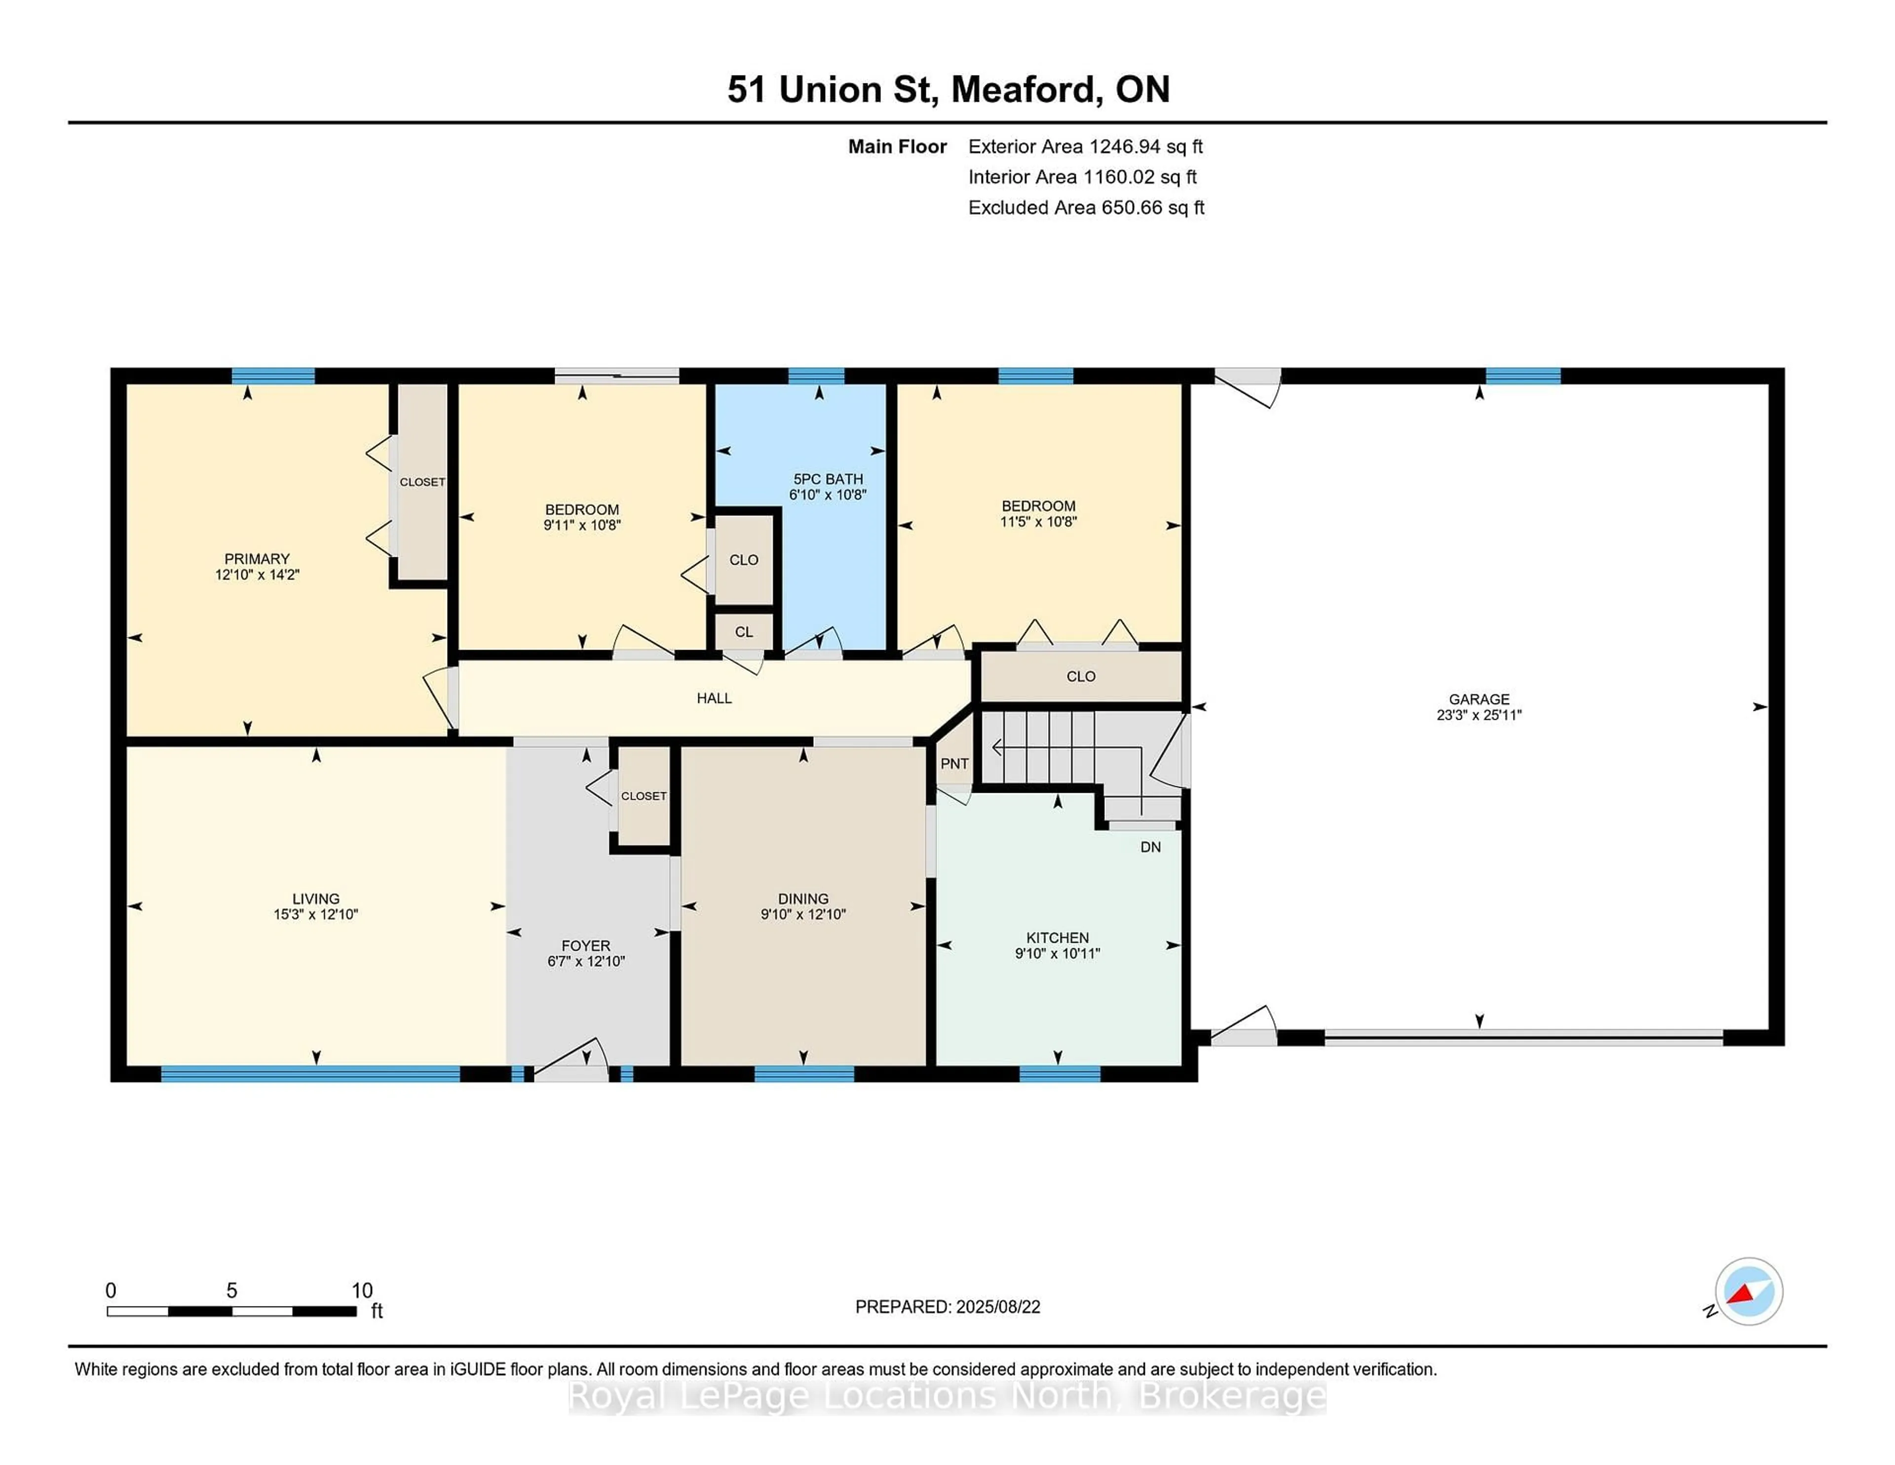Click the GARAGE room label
1478,698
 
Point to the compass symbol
1748,1291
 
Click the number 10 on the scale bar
362,1291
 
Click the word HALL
714,698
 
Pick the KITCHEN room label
1057,937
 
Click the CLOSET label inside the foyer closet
644,796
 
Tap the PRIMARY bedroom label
257,559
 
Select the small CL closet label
744,632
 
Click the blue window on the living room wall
310,1074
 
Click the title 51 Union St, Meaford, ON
947,89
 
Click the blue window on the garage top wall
1523,376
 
